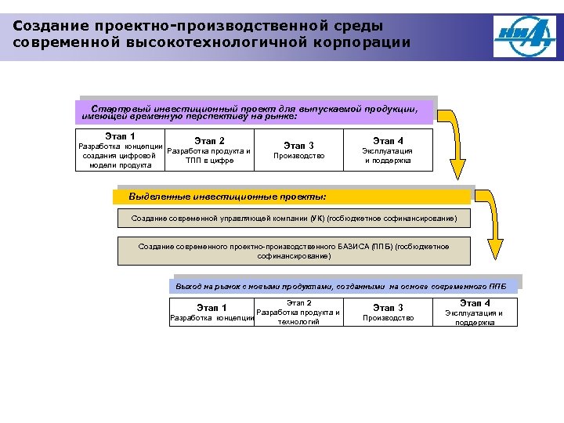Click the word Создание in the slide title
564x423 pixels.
(x=45, y=25)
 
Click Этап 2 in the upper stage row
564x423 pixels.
(x=210, y=141)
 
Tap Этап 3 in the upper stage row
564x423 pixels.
(x=298, y=145)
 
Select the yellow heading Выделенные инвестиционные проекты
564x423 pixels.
(x=227, y=196)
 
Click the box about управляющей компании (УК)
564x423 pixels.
(x=294, y=217)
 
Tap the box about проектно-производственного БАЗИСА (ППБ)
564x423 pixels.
(x=294, y=251)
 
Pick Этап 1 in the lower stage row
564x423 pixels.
(x=211, y=308)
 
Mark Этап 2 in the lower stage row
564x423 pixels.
(x=299, y=302)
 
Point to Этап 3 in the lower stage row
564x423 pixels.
(x=389, y=308)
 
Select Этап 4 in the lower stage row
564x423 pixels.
(x=475, y=303)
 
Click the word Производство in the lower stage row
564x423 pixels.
(x=389, y=318)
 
